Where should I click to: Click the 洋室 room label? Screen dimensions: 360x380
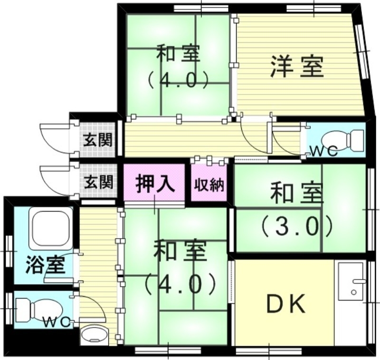(x=298, y=66)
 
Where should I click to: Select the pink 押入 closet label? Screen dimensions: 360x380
(x=154, y=184)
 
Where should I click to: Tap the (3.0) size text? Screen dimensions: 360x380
(x=295, y=227)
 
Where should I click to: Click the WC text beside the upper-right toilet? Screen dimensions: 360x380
(x=323, y=152)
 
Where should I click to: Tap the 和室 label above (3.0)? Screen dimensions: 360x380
(x=296, y=194)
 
